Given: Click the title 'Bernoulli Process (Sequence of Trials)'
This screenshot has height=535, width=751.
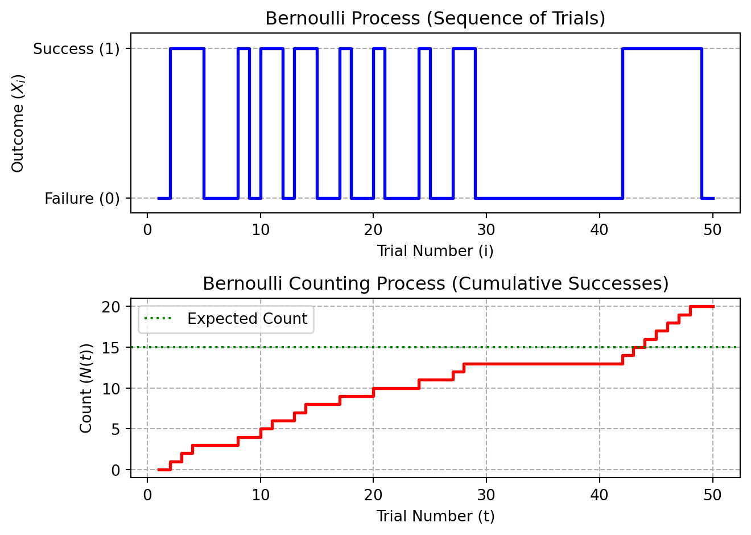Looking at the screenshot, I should [435, 18].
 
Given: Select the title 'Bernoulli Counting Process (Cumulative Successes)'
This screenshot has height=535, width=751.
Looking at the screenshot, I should [435, 283].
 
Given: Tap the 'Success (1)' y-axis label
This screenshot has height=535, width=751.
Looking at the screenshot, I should [76, 49].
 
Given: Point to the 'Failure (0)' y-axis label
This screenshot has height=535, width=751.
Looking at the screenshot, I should [82, 199].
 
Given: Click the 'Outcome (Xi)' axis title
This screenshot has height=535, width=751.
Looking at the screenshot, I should [18, 123].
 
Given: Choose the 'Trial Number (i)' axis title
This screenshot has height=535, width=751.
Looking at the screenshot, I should [435, 251].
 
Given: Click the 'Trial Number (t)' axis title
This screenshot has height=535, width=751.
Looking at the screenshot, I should [435, 516].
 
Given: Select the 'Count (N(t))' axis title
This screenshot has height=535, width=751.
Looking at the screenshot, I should [86, 388].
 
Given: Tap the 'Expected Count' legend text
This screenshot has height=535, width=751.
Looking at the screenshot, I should [247, 319].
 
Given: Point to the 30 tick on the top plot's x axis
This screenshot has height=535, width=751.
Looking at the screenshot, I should [486, 230].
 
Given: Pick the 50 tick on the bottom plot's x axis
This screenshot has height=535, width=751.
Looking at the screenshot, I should [712, 495].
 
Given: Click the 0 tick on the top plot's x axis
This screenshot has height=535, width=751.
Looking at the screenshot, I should [147, 230].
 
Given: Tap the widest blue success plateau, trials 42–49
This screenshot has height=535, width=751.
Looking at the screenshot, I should [662, 49].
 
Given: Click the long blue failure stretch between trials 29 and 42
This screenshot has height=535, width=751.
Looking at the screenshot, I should [549, 198].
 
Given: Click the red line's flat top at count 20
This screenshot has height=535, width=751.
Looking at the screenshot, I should [702, 307].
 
